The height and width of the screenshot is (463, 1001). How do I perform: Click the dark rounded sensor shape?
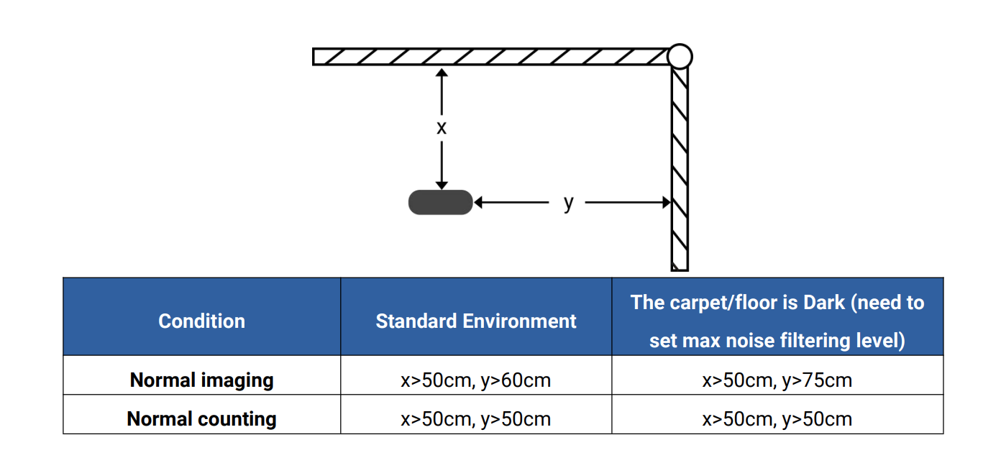point(440,203)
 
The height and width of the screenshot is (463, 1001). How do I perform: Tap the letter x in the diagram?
point(442,128)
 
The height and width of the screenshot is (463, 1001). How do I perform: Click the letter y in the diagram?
point(569,203)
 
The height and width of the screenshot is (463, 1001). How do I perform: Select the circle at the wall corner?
point(679,56)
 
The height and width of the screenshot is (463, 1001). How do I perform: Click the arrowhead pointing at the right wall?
point(665,203)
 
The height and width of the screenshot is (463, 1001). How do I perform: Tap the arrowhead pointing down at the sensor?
point(442,185)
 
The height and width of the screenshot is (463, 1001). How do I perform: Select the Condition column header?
point(201,321)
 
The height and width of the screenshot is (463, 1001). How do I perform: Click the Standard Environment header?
point(476,321)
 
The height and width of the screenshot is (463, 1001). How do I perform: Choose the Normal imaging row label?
point(201,380)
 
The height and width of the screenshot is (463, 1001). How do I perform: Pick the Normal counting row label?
point(201,418)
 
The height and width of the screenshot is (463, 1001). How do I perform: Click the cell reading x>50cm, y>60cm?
point(476,380)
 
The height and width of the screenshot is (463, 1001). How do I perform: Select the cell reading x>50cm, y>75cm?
point(777,380)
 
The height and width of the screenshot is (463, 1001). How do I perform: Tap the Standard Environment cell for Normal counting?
point(476,418)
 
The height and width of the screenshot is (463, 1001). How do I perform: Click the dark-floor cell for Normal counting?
point(777,418)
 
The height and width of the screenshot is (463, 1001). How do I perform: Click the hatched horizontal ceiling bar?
point(489,56)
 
